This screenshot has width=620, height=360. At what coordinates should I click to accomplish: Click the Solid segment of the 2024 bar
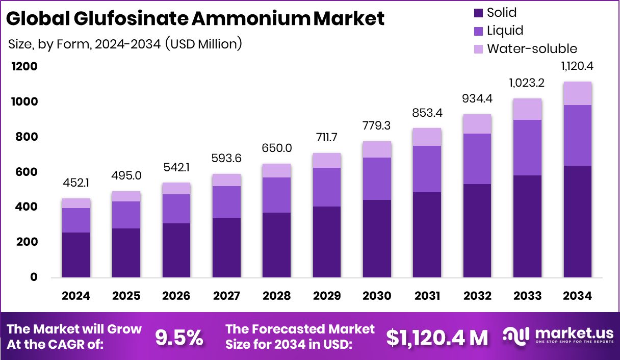point(76,255)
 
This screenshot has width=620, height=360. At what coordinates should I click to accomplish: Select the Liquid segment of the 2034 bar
point(578,135)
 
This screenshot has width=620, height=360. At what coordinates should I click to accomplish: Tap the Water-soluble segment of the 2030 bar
point(377,149)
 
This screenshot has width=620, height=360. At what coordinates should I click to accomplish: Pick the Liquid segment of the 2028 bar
point(277,195)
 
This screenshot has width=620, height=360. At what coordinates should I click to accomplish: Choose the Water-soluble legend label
point(532,49)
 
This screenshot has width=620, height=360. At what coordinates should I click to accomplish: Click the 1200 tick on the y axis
point(25,67)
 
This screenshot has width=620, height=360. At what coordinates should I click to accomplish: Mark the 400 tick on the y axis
point(25,207)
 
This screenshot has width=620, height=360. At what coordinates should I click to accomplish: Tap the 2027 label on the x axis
point(227,296)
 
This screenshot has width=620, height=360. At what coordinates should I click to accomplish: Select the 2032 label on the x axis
point(477,296)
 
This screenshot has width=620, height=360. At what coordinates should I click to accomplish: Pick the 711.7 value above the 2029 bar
point(327,138)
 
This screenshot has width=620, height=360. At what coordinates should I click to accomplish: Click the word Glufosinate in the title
point(117,19)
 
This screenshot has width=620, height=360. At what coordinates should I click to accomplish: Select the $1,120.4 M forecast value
point(437,337)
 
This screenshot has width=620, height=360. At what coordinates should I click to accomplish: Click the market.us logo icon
point(516,335)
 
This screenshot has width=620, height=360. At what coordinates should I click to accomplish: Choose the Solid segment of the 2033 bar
point(527,226)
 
